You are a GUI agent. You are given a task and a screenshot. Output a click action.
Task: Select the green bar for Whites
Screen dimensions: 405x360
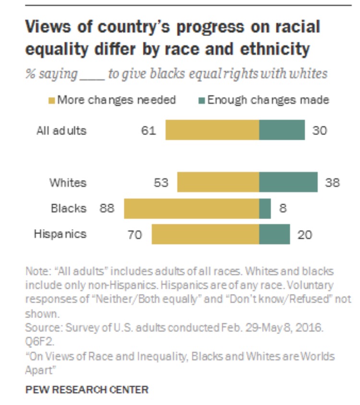[288, 183]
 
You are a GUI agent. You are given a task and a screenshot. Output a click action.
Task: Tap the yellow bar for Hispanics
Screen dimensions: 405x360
[205, 234]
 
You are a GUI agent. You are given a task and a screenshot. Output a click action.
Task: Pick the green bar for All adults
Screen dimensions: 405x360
[282, 130]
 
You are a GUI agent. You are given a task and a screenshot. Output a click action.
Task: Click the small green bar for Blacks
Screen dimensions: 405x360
[265, 209]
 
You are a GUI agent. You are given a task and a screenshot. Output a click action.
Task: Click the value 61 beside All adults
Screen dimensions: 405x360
[149, 130]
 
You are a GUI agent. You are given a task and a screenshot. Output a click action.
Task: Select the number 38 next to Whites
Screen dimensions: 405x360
[332, 183]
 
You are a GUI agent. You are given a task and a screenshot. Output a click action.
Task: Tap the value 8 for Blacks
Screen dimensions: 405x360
[283, 209]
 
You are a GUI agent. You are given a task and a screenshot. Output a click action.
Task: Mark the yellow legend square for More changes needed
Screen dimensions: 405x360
[52, 100]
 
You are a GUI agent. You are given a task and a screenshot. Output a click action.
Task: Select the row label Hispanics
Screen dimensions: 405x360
[60, 234]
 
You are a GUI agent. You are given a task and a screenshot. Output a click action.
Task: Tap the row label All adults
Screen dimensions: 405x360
[61, 130]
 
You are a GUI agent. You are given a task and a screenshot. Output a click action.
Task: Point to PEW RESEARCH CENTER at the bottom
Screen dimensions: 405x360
[87, 390]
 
